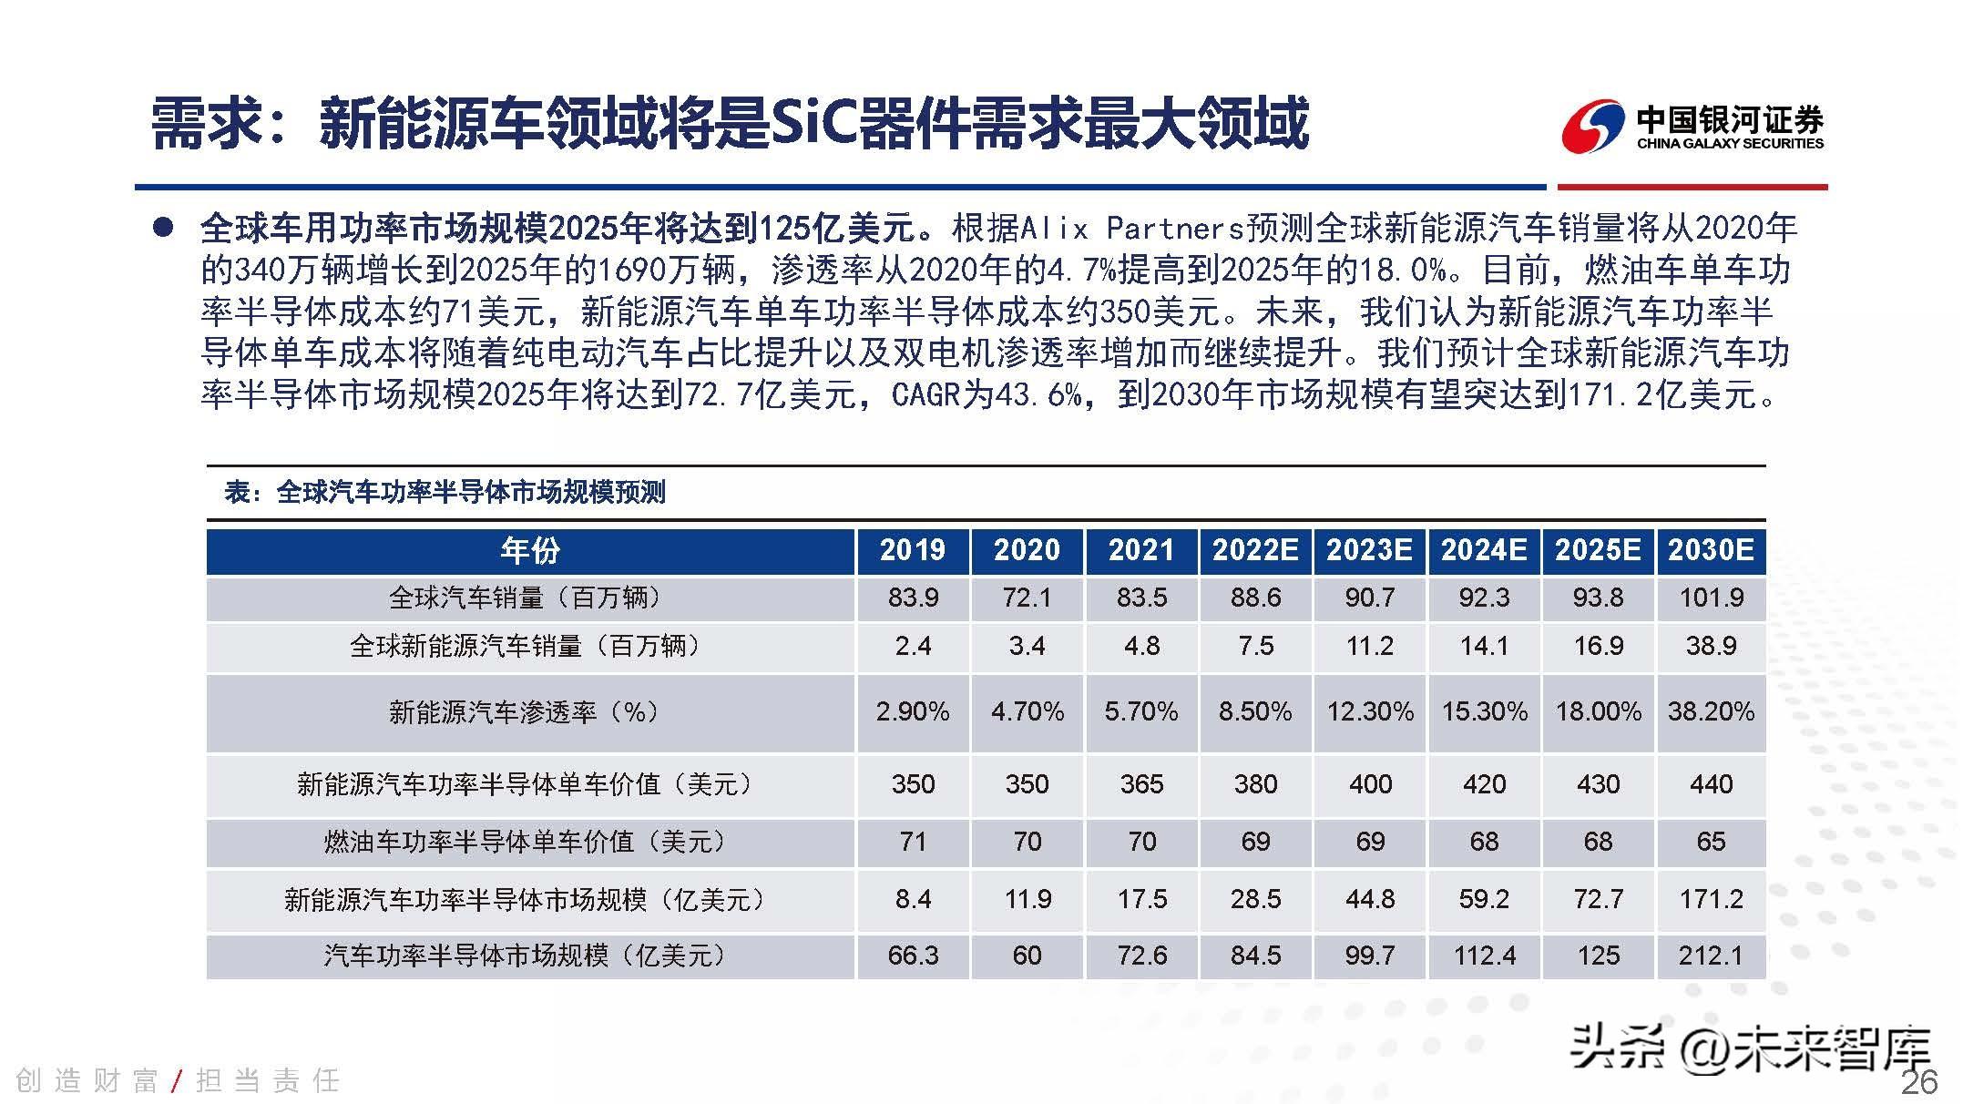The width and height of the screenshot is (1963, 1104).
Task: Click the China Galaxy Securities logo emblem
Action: click(1593, 126)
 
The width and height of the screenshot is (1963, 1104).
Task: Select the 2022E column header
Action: click(1255, 550)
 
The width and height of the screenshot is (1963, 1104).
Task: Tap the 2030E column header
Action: click(1711, 550)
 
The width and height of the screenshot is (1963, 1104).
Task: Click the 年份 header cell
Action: click(530, 550)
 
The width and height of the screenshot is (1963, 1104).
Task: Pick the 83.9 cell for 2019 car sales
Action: click(913, 598)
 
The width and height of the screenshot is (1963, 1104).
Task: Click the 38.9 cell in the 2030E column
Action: click(1711, 646)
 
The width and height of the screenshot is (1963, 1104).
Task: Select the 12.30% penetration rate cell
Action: click(1370, 711)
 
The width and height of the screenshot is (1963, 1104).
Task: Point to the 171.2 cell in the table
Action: click(1711, 899)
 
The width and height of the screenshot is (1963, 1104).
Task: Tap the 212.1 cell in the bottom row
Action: click(1711, 956)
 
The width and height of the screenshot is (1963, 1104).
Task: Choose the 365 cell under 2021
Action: click(1141, 784)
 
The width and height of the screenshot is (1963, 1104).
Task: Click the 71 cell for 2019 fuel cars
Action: click(913, 842)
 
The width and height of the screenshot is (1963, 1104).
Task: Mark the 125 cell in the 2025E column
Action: click(1598, 956)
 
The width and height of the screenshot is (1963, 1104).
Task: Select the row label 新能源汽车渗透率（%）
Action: click(524, 711)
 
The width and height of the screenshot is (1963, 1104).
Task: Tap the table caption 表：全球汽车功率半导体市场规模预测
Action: click(445, 493)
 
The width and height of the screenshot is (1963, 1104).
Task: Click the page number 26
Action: click(1919, 1082)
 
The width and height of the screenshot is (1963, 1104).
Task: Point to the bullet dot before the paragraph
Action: click(163, 228)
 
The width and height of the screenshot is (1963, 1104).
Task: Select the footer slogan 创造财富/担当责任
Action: click(178, 1081)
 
